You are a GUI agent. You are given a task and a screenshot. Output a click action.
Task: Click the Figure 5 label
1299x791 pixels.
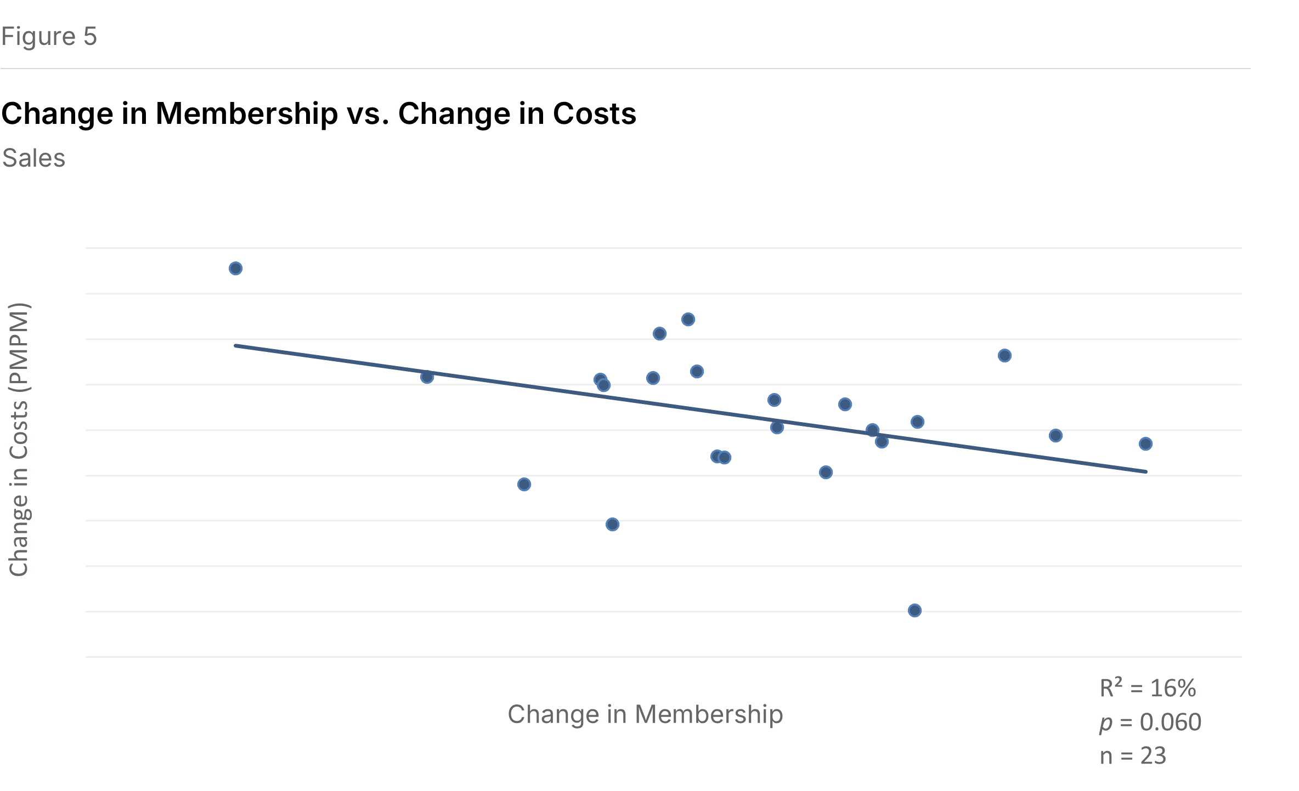(49, 37)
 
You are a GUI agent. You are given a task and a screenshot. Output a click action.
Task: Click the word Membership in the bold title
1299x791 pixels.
(246, 114)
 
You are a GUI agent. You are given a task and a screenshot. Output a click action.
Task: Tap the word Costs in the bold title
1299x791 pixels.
(594, 114)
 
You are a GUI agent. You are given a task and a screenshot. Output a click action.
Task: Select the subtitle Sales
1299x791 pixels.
(33, 158)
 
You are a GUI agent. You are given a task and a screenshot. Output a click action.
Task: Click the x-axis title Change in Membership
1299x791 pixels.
(645, 714)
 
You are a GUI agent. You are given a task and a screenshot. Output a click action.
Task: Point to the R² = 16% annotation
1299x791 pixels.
(1147, 688)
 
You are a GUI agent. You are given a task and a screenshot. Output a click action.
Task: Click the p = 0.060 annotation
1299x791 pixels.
(1150, 722)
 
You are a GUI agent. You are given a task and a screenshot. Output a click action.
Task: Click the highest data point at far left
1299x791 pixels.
(235, 269)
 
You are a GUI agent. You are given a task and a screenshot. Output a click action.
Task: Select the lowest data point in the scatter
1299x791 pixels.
(914, 611)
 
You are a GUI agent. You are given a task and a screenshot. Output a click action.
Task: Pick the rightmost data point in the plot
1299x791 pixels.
(1145, 444)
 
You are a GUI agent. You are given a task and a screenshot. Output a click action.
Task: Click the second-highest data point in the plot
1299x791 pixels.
(688, 320)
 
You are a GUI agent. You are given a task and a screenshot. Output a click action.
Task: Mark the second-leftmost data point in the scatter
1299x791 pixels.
(427, 377)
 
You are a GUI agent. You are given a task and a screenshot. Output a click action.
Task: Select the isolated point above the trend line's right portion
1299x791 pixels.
(1004, 356)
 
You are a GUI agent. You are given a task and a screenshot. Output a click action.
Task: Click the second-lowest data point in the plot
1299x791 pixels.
(612, 525)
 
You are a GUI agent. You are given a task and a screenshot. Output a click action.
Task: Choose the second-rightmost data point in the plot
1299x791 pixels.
(1055, 436)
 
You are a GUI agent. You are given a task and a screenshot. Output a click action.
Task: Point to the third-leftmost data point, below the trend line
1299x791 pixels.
(524, 485)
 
